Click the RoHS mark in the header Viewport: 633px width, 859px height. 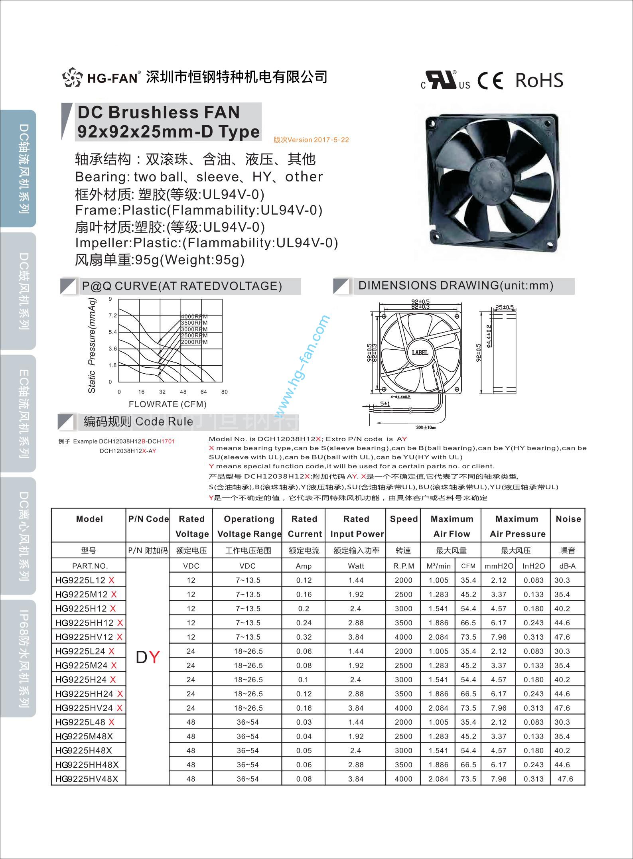(539, 80)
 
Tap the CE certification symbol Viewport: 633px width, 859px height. (490, 81)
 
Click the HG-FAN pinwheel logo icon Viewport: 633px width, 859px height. (72, 77)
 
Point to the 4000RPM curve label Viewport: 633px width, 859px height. (194, 317)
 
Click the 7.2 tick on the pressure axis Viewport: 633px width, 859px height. (112, 315)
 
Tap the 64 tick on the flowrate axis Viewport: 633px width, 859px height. (204, 392)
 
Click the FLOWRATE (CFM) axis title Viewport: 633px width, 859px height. (168, 404)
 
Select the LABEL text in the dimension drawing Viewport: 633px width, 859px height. (420, 353)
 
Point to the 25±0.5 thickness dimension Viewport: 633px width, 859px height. (504, 307)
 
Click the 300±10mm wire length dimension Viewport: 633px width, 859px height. (426, 428)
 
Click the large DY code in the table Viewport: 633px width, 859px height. (148, 657)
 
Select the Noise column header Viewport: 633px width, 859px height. (568, 519)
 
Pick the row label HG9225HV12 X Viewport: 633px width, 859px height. (89, 637)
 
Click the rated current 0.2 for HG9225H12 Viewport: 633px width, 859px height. (304, 609)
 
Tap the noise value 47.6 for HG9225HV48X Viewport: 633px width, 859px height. (565, 779)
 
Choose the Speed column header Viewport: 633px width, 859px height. (404, 519)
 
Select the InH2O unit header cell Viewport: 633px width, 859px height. (533, 566)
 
